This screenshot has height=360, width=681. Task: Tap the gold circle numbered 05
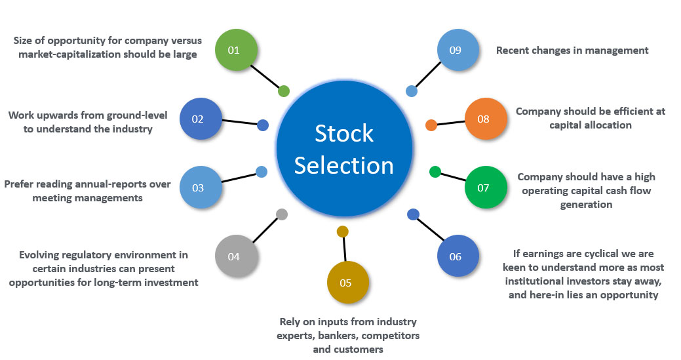tap(348, 283)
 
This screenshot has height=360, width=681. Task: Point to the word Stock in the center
tap(344, 133)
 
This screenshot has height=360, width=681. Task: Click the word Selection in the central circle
tap(344, 165)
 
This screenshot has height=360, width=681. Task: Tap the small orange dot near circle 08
tap(431, 125)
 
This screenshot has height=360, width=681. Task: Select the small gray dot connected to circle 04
tap(282, 214)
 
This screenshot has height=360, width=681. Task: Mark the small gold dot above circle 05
tap(342, 231)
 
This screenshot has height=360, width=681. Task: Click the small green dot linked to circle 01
tap(283, 91)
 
